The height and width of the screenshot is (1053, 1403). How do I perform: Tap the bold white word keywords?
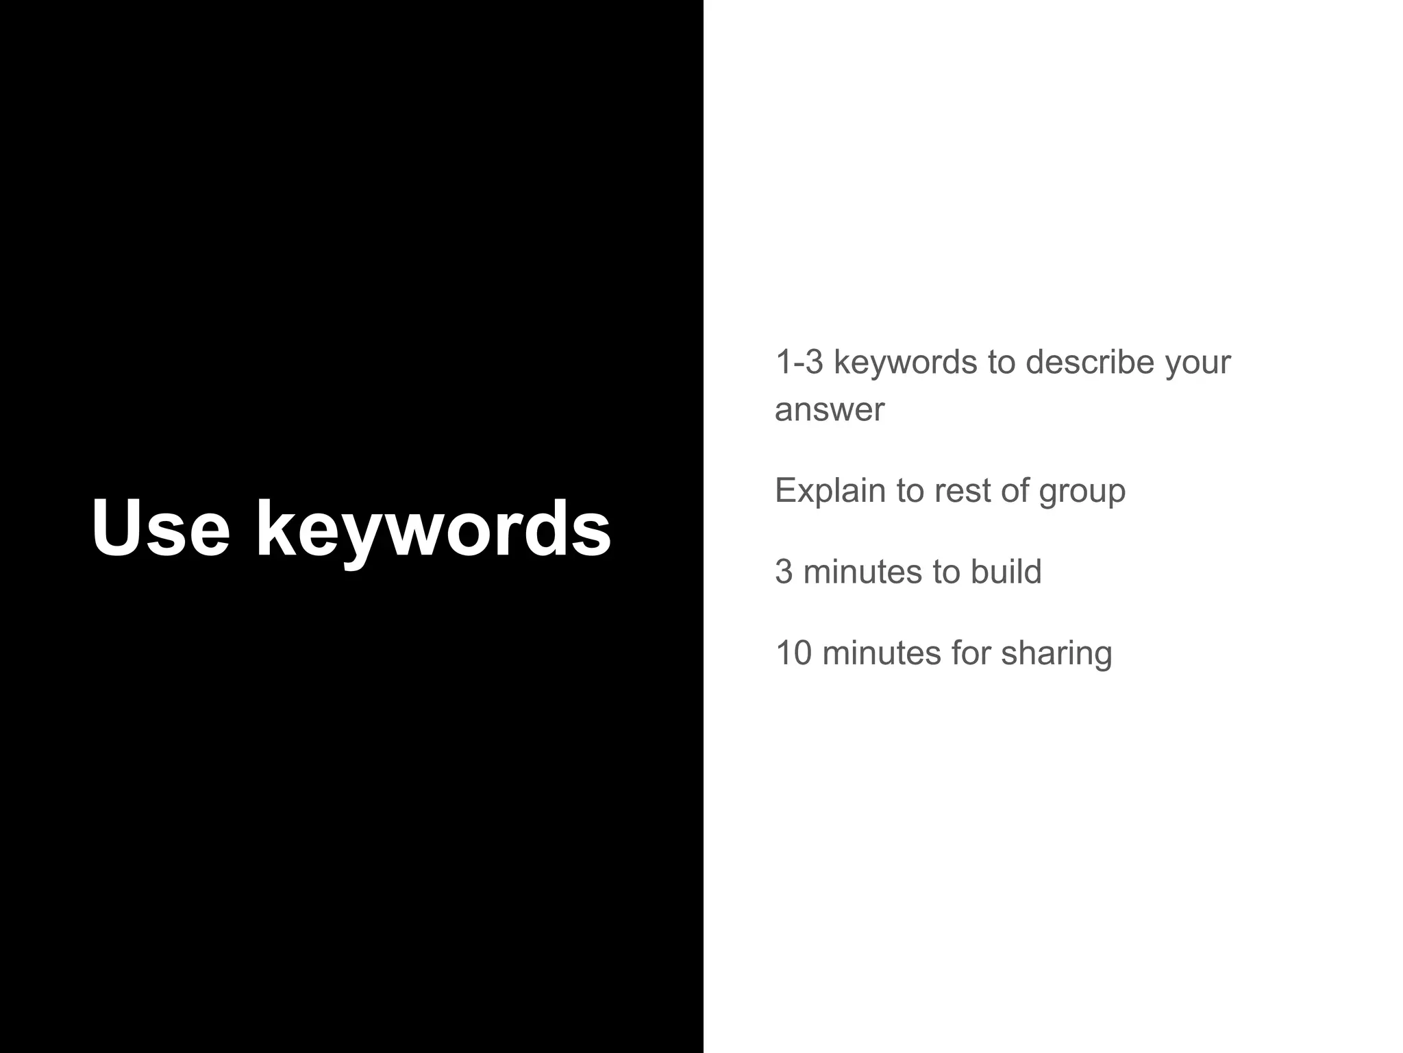point(433,529)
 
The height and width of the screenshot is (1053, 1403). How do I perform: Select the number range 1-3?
point(799,362)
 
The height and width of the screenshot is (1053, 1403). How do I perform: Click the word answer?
point(830,410)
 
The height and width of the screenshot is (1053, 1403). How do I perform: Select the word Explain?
point(830,491)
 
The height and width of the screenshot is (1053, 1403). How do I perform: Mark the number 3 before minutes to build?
point(784,572)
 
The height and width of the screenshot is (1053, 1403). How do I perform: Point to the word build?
point(1006,572)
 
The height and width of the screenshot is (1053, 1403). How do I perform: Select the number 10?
point(793,653)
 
